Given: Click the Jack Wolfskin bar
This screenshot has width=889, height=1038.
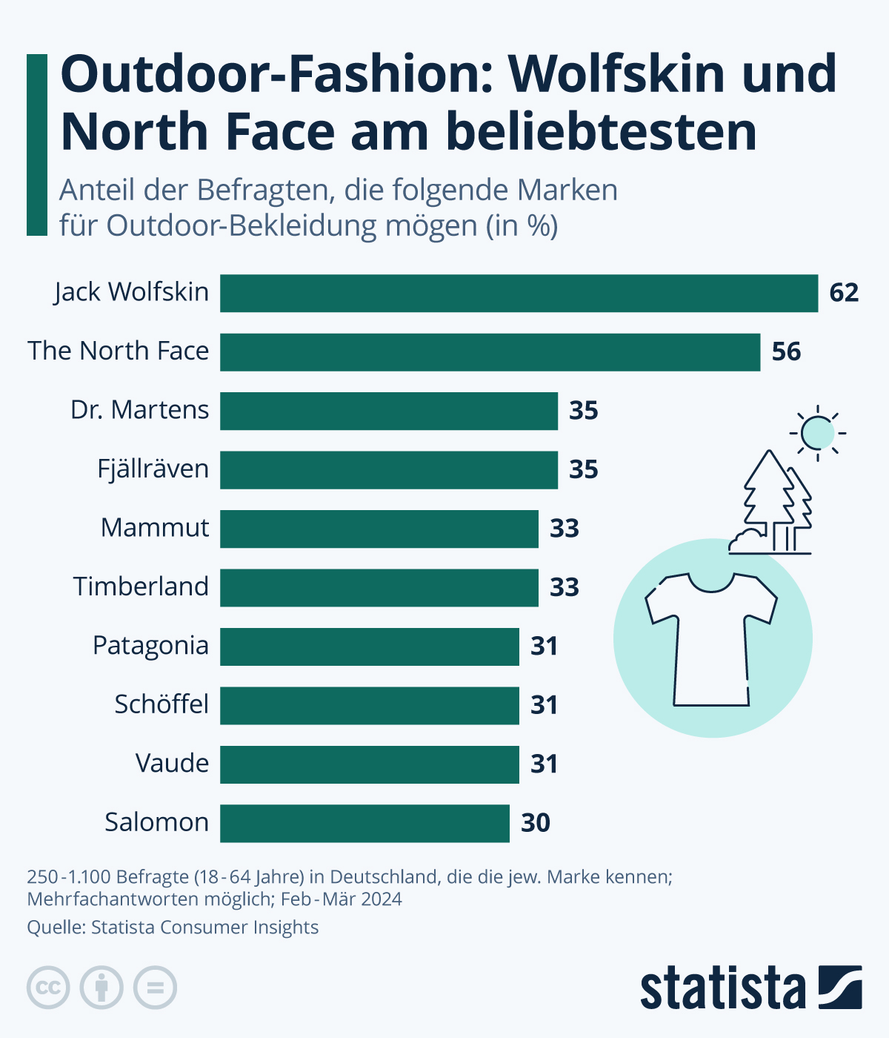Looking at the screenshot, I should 519,293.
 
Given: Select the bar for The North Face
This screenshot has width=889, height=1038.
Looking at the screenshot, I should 490,351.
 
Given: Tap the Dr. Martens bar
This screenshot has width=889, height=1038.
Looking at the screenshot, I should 388,411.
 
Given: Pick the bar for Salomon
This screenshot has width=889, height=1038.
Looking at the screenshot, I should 364,823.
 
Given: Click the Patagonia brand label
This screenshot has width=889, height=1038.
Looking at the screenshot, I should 150,646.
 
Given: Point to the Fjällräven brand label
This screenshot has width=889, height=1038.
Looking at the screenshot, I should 153,469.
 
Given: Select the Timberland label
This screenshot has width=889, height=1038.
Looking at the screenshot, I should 141,586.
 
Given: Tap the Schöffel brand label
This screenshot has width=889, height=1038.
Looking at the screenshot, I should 161,704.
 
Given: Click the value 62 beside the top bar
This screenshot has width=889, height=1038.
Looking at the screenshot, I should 844,293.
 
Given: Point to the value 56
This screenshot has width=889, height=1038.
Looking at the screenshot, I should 786,351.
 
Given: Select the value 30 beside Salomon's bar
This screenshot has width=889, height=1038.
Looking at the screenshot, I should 536,823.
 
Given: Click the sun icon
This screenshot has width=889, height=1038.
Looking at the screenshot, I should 817,432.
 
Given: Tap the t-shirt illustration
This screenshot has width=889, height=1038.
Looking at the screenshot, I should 711,638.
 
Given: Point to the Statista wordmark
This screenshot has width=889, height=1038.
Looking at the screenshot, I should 722,988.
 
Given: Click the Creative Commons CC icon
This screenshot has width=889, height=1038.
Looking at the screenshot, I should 48,988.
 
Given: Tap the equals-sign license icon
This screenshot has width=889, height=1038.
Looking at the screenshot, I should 155,988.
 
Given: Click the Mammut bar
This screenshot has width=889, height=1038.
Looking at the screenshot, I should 379,529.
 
